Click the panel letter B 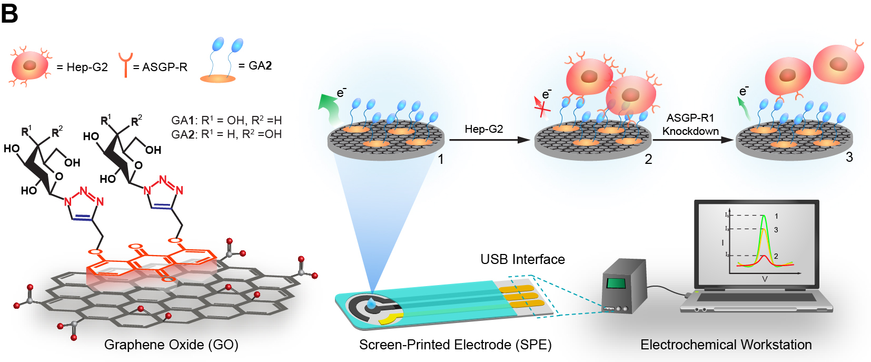tap(9, 13)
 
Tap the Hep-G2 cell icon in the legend tap(30, 66)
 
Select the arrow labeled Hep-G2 tap(489, 140)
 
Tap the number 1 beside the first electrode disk tap(441, 159)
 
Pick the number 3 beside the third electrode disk tap(849, 157)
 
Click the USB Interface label tap(522, 259)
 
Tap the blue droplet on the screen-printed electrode tap(372, 303)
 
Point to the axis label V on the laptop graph tap(765, 279)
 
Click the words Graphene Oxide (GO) tap(171, 345)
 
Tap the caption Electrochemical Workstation tap(726, 345)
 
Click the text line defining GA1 tap(226, 120)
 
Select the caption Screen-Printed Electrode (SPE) tap(455, 345)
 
